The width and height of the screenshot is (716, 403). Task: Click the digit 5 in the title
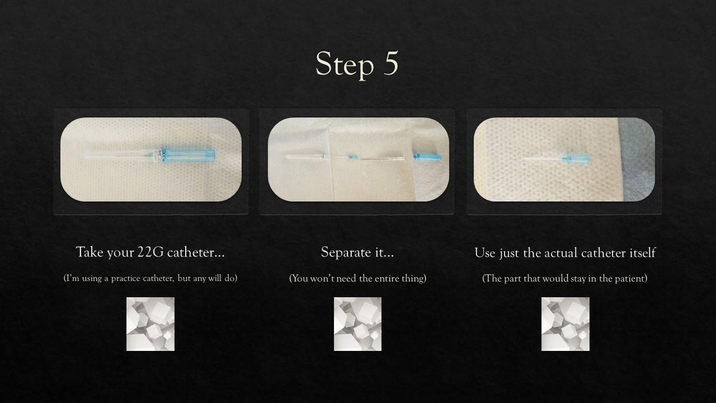(x=390, y=63)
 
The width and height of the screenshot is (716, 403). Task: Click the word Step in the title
(x=345, y=65)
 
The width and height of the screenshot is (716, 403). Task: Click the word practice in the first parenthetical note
(x=126, y=279)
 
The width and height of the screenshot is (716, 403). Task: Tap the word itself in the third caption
(x=643, y=252)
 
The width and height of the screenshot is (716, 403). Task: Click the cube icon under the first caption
(x=150, y=324)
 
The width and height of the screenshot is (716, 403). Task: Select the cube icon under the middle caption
(x=357, y=324)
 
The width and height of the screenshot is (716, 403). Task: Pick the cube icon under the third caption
(x=565, y=324)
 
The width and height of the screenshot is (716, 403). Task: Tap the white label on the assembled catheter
(x=158, y=155)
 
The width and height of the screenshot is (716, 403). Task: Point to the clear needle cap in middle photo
(x=305, y=157)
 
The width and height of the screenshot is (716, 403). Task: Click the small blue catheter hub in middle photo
(x=353, y=157)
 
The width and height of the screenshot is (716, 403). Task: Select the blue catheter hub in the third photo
(x=576, y=159)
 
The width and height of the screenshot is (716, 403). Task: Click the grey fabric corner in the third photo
(x=636, y=159)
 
